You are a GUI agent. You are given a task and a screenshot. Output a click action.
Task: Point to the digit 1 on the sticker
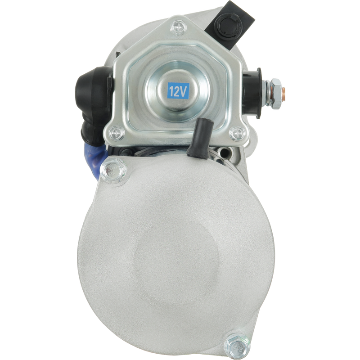[171, 91]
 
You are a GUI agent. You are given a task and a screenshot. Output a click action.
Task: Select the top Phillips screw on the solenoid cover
[178, 28]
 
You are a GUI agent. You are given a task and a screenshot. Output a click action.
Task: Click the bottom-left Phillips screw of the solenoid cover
[117, 133]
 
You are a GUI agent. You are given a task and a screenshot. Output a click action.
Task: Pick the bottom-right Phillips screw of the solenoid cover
[237, 133]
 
